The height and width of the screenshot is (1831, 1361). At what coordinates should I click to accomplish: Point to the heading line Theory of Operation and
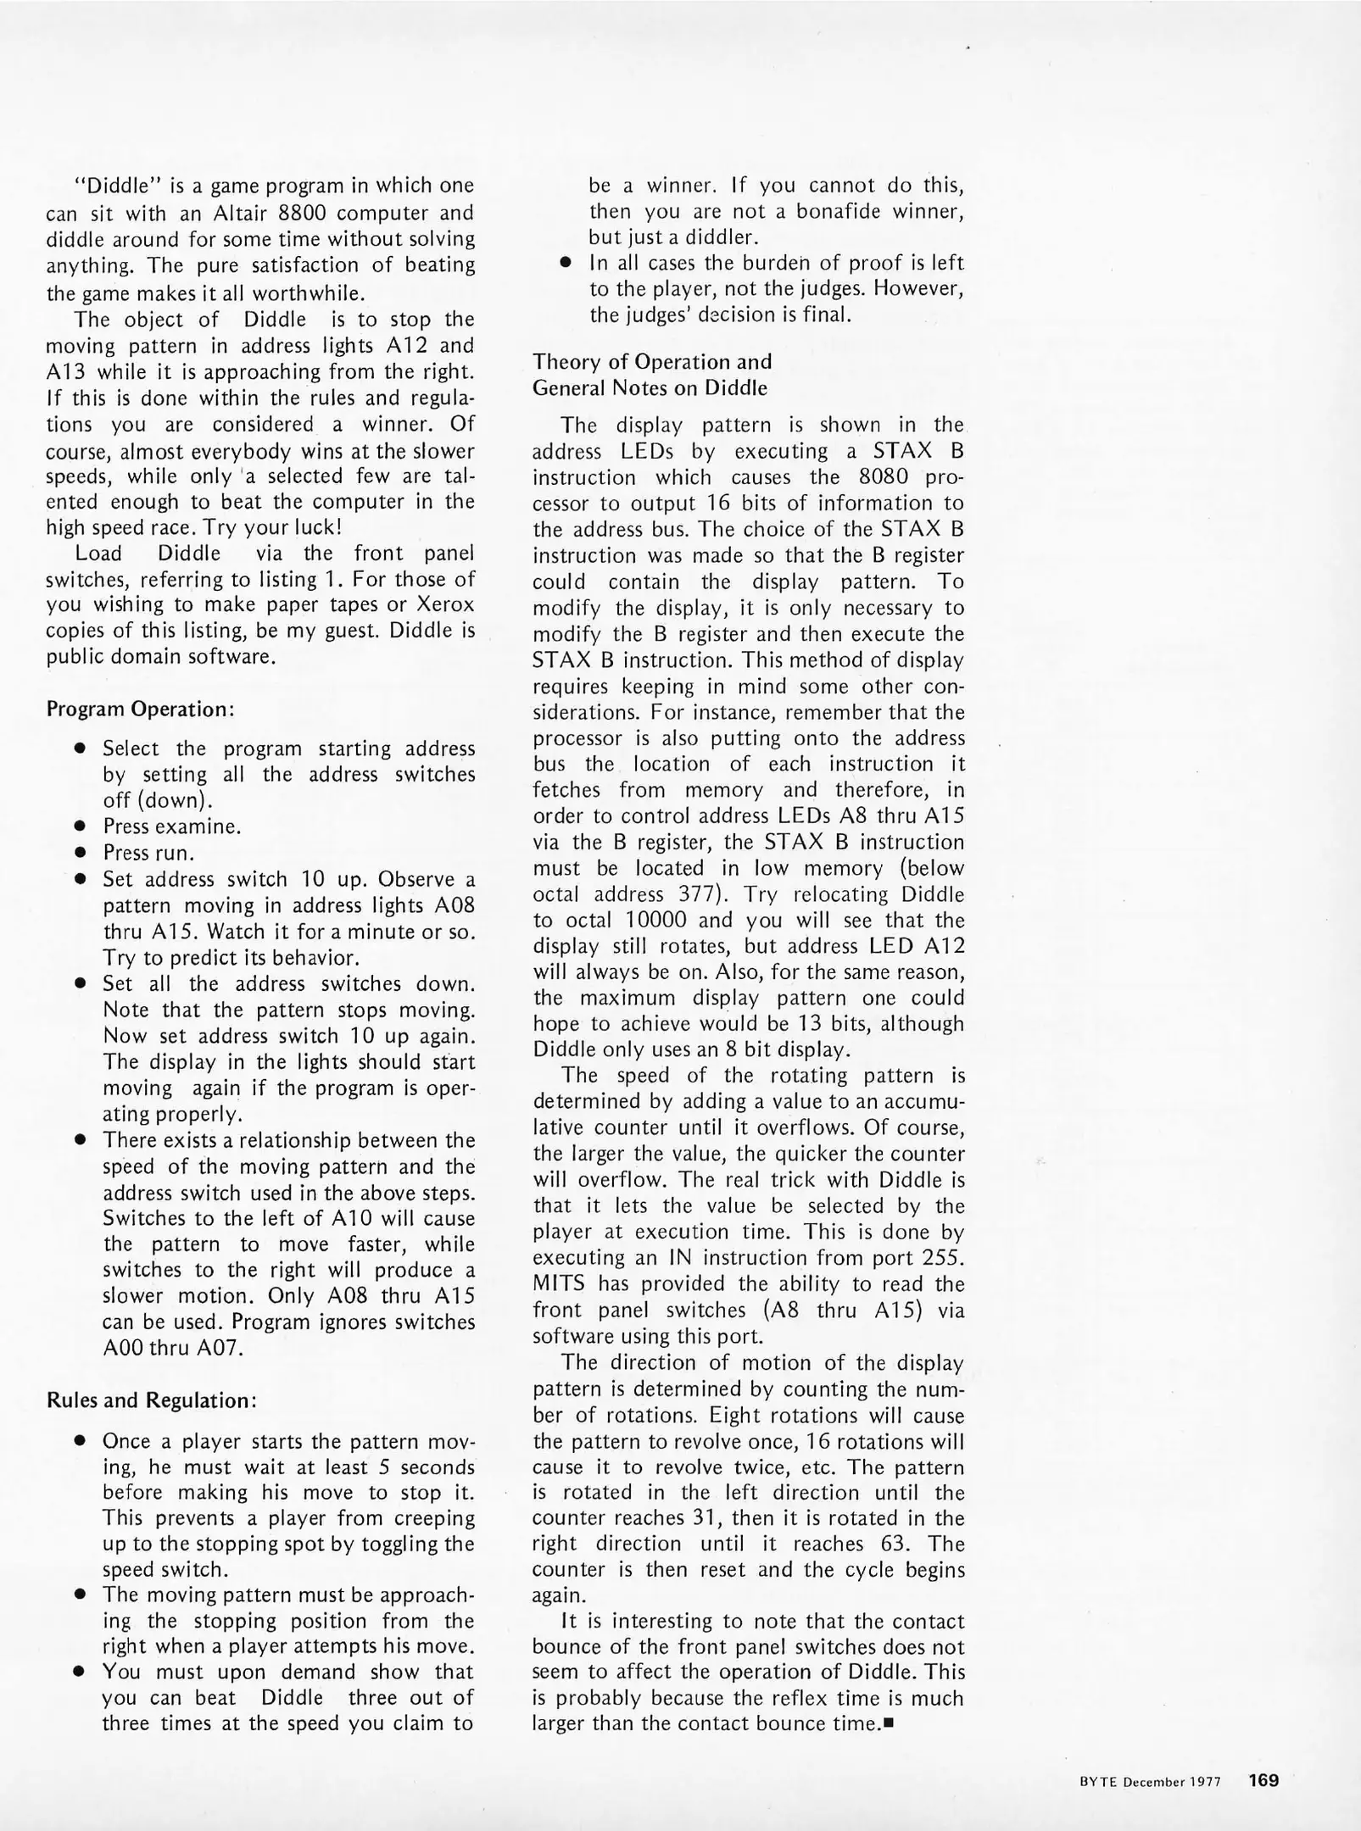[x=652, y=362]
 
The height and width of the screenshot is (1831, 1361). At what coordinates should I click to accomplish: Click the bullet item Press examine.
[x=172, y=826]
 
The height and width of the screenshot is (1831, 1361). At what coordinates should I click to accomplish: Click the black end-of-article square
[x=889, y=1723]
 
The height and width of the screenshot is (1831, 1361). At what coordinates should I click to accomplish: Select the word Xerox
[x=444, y=605]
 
